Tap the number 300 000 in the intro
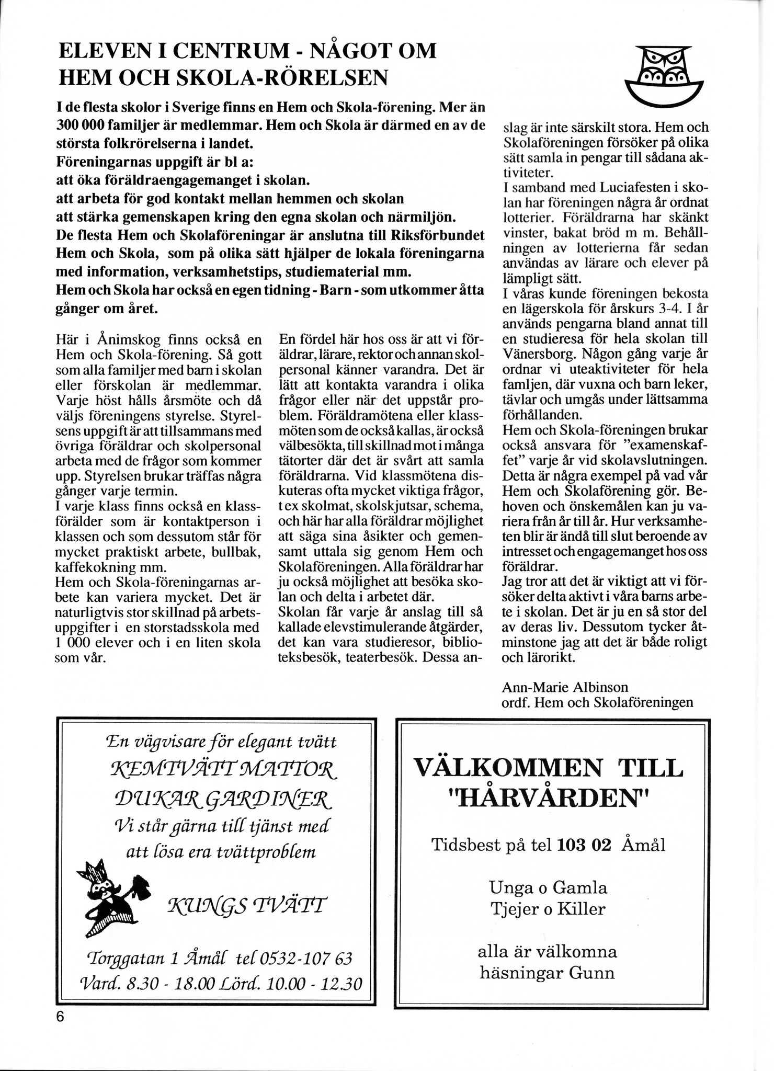click(83, 127)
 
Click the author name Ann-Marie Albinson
click(565, 687)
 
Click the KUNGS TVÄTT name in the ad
click(246, 904)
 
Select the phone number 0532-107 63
click(304, 959)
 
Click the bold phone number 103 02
click(584, 845)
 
